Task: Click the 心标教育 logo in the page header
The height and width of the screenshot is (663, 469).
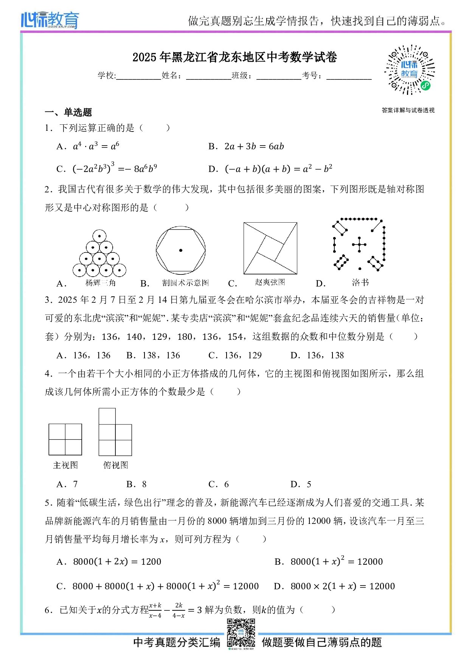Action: click(50, 20)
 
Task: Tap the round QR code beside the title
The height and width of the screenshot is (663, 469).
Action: click(410, 70)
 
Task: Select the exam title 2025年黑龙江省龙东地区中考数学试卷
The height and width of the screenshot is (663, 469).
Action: click(234, 57)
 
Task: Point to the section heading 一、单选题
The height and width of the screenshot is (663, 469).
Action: click(68, 112)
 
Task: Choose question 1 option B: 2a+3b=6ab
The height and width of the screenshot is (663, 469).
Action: click(246, 147)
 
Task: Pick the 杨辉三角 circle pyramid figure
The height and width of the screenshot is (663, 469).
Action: click(99, 254)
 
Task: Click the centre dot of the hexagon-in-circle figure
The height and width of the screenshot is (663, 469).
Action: click(181, 250)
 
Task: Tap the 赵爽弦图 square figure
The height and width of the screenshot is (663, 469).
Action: click(270, 248)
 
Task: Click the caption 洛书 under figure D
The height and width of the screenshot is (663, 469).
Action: click(360, 282)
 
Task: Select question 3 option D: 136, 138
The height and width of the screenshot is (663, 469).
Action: click(317, 355)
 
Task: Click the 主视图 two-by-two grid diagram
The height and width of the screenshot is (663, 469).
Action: click(65, 439)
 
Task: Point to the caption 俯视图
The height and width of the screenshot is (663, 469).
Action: click(116, 465)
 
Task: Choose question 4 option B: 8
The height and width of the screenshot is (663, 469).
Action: click(137, 484)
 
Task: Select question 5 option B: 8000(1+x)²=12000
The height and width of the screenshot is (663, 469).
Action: click(329, 561)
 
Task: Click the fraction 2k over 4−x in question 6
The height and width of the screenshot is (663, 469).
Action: click(179, 610)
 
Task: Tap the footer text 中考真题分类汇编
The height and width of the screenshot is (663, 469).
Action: click(177, 642)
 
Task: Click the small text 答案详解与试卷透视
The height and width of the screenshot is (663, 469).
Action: click(408, 110)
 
